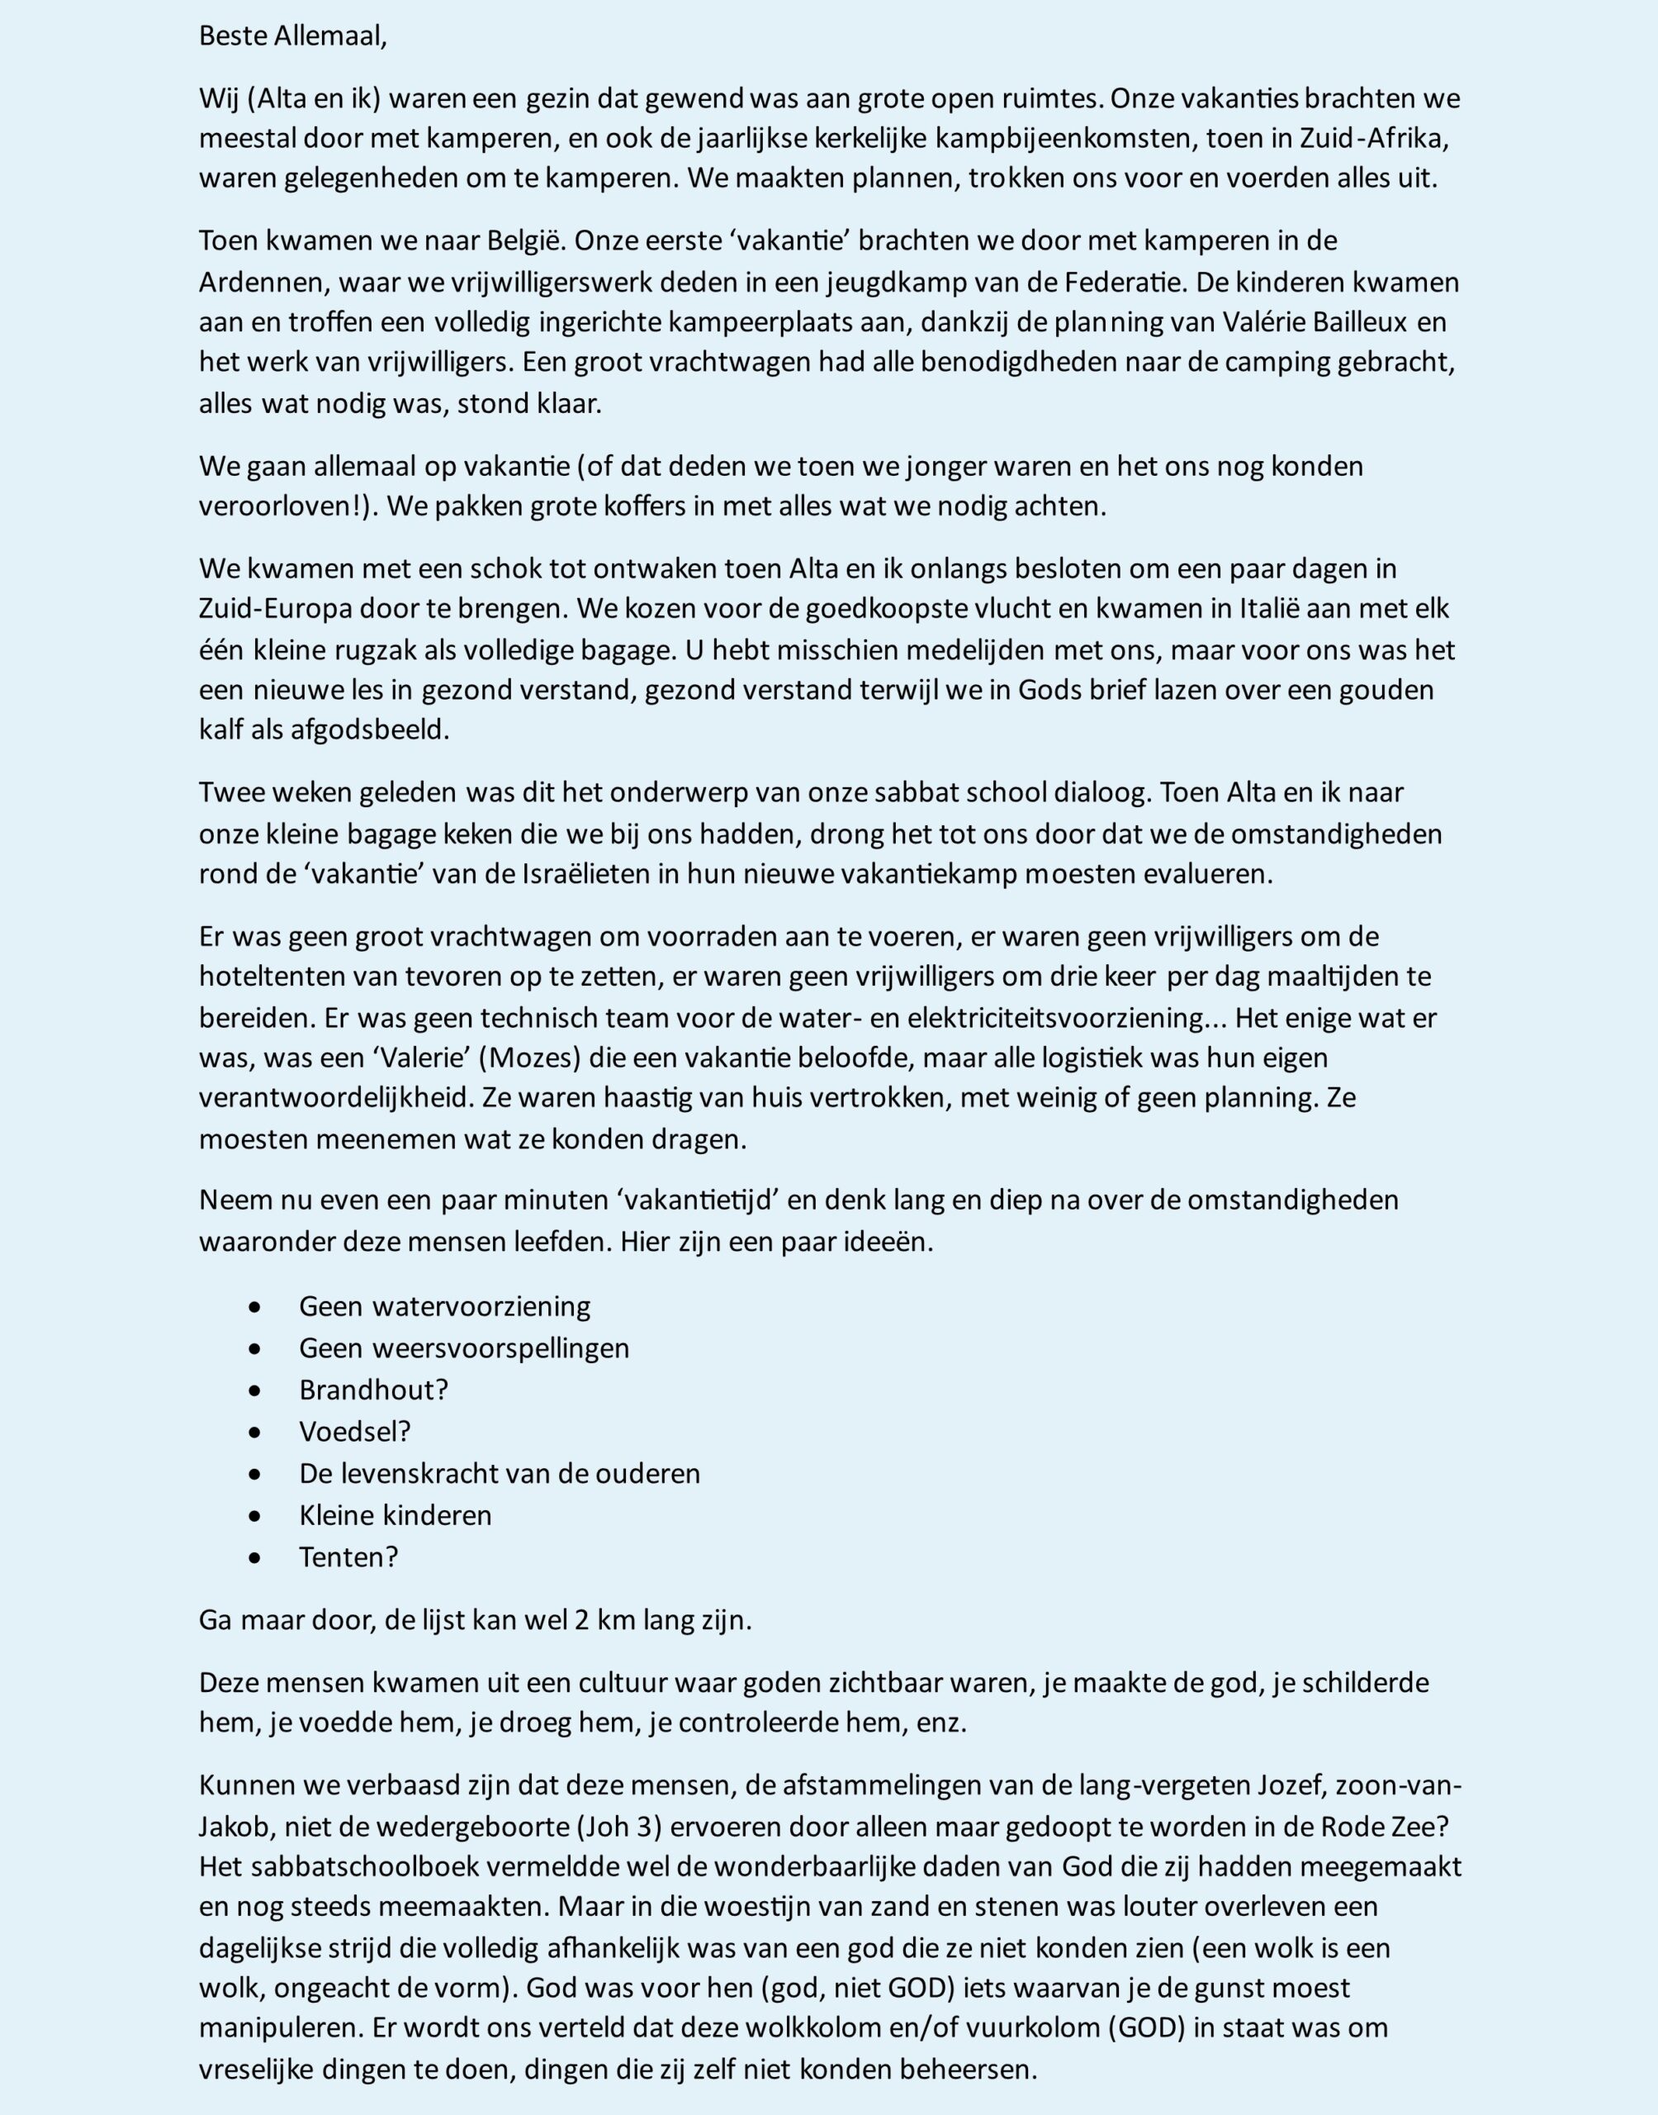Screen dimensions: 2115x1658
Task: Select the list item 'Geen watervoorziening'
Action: pyautogui.click(x=444, y=1306)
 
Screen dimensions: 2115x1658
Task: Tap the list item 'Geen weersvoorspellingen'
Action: pyautogui.click(x=464, y=1347)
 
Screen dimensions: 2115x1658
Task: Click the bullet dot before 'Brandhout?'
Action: pyautogui.click(x=255, y=1390)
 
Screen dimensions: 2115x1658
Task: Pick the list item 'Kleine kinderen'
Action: pyautogui.click(x=395, y=1515)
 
